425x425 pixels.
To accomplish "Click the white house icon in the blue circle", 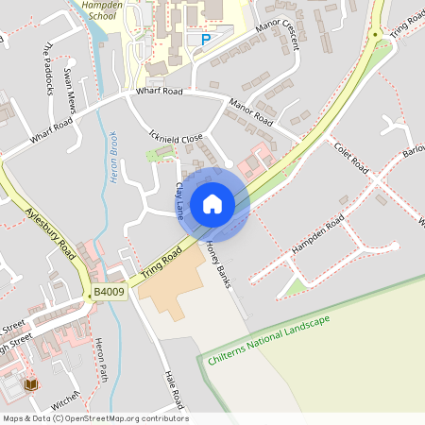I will (212, 203).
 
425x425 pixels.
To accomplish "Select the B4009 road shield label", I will (108, 294).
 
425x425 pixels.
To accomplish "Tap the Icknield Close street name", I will (176, 138).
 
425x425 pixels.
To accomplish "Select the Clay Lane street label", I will (178, 197).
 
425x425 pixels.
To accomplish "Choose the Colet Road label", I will (350, 155).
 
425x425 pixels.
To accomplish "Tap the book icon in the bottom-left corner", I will (30, 385).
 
